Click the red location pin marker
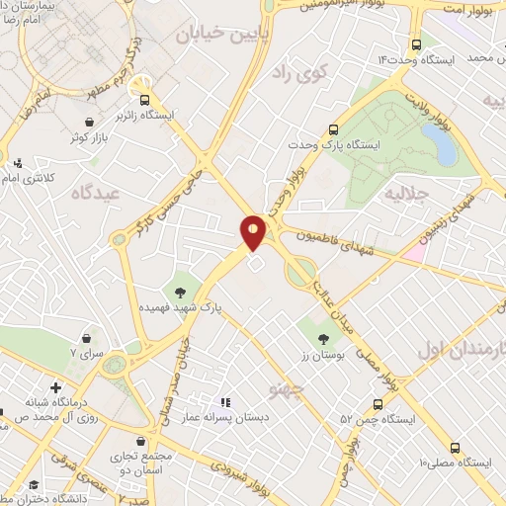point(254,231)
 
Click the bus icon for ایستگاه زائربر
point(145,99)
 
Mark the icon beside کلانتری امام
point(17,162)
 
